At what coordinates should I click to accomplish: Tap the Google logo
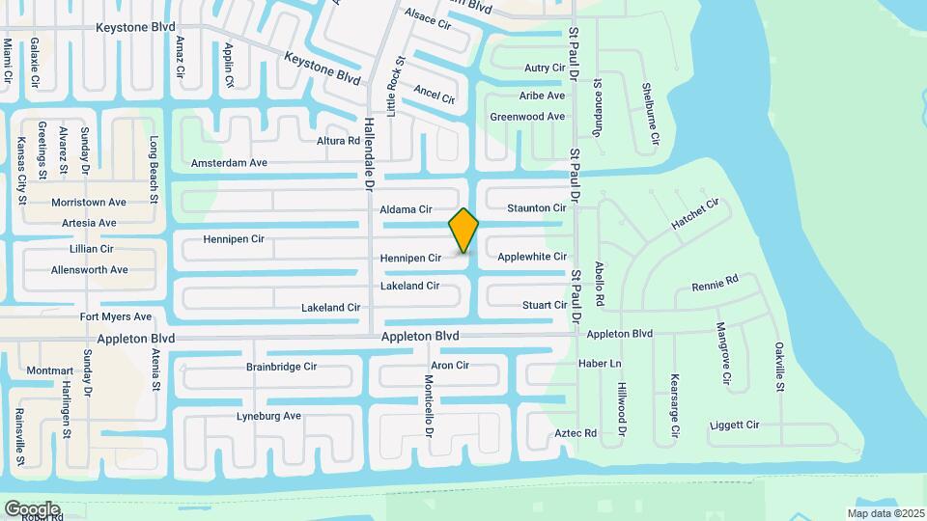pyautogui.click(x=32, y=508)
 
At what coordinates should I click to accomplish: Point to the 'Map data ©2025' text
pyautogui.click(x=885, y=513)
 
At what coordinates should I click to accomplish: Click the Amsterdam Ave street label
pyautogui.click(x=229, y=163)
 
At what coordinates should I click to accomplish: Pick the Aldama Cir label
pyautogui.click(x=406, y=209)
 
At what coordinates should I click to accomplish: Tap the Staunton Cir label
pyautogui.click(x=536, y=208)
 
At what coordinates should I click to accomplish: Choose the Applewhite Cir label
pyautogui.click(x=531, y=257)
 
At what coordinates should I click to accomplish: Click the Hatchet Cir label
pyautogui.click(x=695, y=214)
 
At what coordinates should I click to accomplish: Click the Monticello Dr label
pyautogui.click(x=429, y=399)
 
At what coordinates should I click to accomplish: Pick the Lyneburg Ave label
pyautogui.click(x=269, y=416)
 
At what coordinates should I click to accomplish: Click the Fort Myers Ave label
pyautogui.click(x=116, y=316)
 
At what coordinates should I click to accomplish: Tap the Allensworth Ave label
pyautogui.click(x=90, y=270)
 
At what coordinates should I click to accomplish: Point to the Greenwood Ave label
pyautogui.click(x=527, y=117)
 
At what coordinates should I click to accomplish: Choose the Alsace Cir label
pyautogui.click(x=428, y=17)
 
